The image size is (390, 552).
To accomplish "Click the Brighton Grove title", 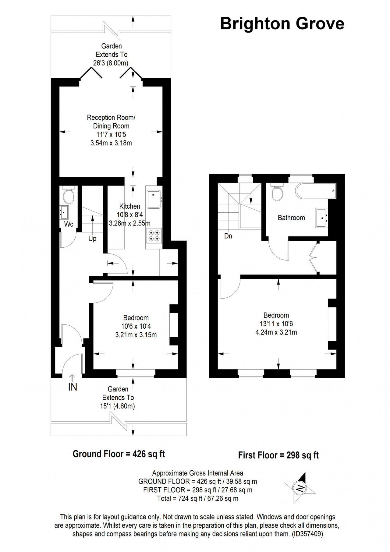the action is [x=282, y=24].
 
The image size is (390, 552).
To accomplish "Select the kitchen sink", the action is [x=154, y=199].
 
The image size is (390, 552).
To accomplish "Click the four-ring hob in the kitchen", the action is [x=154, y=235].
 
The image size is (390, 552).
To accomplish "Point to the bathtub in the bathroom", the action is [x=316, y=191].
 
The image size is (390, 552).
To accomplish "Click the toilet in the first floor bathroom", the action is [x=277, y=192].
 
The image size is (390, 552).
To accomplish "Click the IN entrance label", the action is [x=73, y=387].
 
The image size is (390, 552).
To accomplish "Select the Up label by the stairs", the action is [x=92, y=239].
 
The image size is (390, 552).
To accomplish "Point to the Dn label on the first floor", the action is [x=228, y=236].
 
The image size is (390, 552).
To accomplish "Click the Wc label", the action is [x=69, y=224].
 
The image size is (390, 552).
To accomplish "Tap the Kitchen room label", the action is [x=130, y=206].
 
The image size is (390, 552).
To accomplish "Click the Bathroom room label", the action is [x=291, y=218].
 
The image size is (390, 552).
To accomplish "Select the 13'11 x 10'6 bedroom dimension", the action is [x=276, y=324].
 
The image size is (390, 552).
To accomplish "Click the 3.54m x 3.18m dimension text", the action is [x=111, y=143].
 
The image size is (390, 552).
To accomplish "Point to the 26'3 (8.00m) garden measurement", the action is [x=111, y=63].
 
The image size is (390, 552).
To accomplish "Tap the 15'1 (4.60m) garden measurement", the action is [x=118, y=406].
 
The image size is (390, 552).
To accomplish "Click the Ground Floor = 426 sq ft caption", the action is [x=119, y=454].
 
